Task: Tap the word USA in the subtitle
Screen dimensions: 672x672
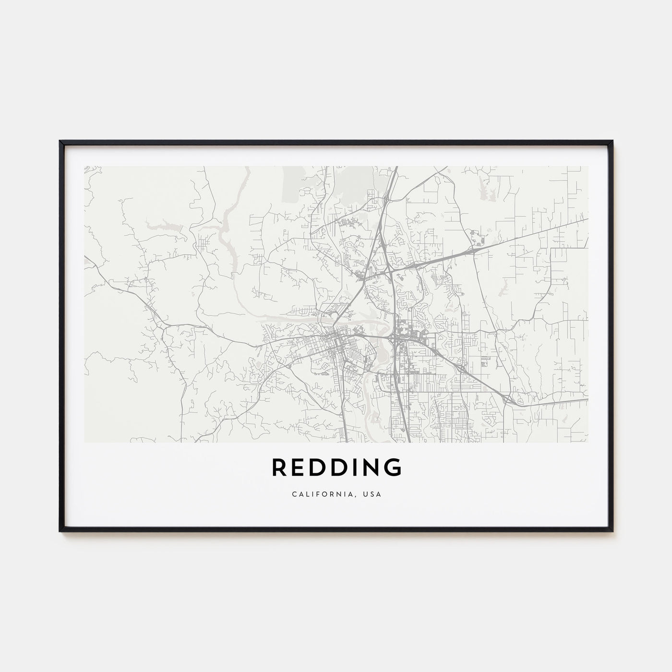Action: [x=374, y=494]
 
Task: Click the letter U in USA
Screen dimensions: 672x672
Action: [x=368, y=494]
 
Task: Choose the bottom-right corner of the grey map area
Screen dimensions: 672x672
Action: [x=588, y=442]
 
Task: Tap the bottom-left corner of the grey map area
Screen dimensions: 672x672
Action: [x=85, y=442]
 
